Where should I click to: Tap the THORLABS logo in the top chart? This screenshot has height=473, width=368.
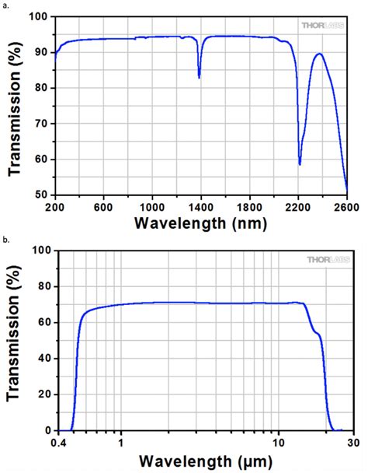pos(321,25)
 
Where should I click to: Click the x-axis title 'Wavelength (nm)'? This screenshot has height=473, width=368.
pos(201,224)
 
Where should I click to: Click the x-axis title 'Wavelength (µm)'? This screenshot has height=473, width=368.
pos(201,461)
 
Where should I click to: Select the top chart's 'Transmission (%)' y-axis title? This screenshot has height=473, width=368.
pos(13,106)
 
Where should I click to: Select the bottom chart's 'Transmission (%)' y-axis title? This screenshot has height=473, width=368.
pos(13,341)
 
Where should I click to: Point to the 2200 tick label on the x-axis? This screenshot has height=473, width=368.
pos(298,207)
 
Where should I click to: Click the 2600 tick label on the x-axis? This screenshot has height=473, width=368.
pos(346,207)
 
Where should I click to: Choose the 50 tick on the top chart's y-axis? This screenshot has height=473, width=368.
pos(41,195)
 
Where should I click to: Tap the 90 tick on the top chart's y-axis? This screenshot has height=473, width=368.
pos(41,52)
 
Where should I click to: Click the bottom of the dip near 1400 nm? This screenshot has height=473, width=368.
pos(200,78)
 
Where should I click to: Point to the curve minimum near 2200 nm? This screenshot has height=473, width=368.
pos(300,164)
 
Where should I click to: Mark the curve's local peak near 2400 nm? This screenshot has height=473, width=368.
pos(319,54)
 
